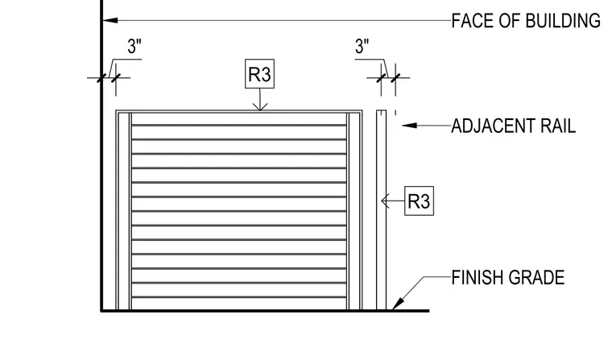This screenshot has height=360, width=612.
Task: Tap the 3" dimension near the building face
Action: coord(134,47)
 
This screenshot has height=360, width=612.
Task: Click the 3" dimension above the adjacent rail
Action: coord(362,47)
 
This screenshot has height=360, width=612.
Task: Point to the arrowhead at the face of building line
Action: coord(110,20)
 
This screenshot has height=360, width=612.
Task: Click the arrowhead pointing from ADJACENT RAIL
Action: coord(409,126)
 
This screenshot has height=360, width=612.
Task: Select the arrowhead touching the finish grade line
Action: coord(398,304)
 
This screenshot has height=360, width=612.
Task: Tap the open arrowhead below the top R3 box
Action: coord(260,106)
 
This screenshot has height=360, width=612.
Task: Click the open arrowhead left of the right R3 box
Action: coord(385,201)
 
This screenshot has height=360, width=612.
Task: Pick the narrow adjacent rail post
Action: coord(382,210)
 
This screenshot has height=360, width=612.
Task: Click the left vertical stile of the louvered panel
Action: coord(125,211)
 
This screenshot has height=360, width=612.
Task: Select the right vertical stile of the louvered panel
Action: coord(354,211)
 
